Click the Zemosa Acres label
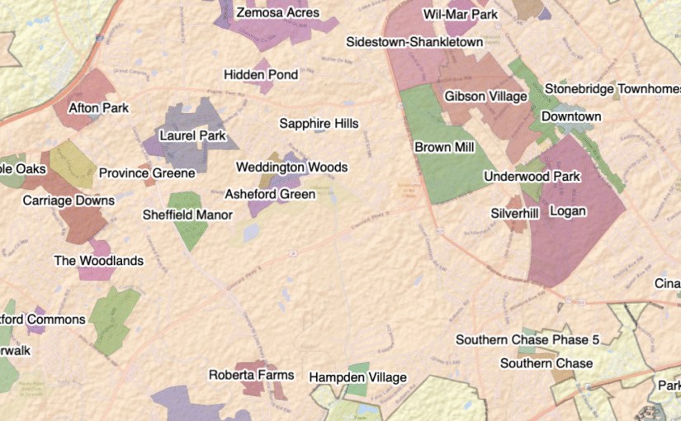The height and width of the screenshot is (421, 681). click(277, 13)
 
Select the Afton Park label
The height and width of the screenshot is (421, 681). click(99, 107)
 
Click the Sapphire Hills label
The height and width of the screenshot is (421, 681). click(319, 124)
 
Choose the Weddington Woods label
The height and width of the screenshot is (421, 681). click(291, 168)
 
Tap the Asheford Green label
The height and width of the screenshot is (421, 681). click(270, 195)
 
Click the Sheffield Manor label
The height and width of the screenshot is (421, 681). click(187, 215)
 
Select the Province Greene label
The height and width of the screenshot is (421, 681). click(147, 173)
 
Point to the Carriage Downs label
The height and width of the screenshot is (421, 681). click(69, 201)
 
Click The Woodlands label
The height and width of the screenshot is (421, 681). click(98, 261)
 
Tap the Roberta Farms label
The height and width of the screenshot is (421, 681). click(251, 375)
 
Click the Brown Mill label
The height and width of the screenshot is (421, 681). click(444, 148)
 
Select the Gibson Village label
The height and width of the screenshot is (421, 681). click(485, 97)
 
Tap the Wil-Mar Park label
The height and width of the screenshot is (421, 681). click(461, 15)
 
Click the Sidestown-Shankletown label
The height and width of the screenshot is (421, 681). click(414, 42)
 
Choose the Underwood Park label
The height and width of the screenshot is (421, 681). click(532, 176)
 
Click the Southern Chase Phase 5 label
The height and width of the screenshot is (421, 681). click(527, 340)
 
